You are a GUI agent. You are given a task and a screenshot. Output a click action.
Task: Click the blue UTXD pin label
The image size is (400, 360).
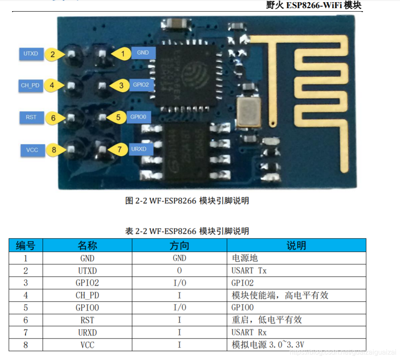pyautogui.click(x=31, y=54)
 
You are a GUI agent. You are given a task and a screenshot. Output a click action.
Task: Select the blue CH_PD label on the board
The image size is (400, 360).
pyautogui.click(x=30, y=85)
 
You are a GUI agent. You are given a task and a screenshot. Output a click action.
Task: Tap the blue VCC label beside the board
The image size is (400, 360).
pyautogui.click(x=32, y=150)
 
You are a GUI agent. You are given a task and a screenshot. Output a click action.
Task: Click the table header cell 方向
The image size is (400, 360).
pyautogui.click(x=179, y=245)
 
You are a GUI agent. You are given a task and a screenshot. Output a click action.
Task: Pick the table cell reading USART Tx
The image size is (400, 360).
pyautogui.click(x=248, y=271)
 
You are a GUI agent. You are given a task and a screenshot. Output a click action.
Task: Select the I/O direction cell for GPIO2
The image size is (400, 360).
pyautogui.click(x=179, y=283)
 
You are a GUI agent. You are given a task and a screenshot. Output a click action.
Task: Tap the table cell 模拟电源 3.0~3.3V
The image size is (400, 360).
pyautogui.click(x=268, y=345)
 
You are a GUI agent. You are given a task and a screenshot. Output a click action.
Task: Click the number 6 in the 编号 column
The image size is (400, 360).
pyautogui.click(x=25, y=320)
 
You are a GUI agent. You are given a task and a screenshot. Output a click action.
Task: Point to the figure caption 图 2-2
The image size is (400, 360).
pyautogui.click(x=187, y=201)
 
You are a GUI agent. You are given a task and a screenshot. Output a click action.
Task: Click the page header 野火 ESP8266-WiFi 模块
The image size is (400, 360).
pyautogui.click(x=315, y=6)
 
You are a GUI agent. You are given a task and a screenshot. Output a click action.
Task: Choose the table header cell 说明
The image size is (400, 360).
pyautogui.click(x=296, y=245)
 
